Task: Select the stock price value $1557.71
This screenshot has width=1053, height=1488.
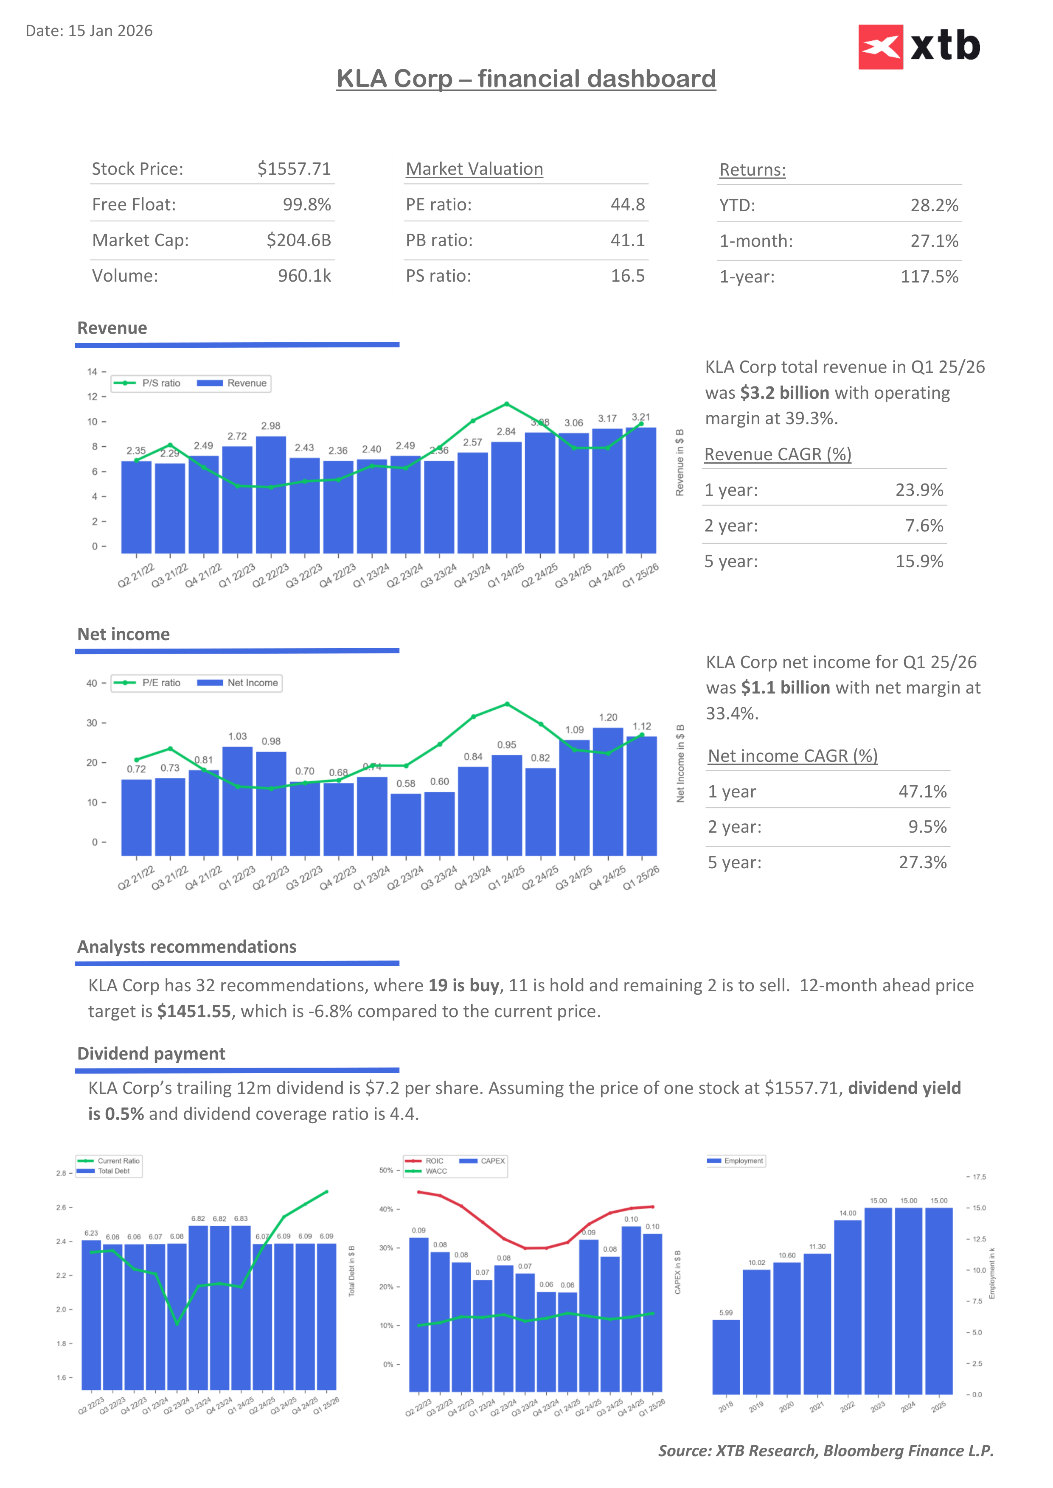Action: [294, 169]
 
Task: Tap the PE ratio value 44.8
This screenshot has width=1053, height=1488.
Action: [627, 205]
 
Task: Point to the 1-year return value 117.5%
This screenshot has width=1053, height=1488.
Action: [929, 277]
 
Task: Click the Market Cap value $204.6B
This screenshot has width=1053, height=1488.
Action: [298, 241]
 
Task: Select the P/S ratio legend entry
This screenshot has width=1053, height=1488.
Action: [147, 383]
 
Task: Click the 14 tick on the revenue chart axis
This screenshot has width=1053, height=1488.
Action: [92, 372]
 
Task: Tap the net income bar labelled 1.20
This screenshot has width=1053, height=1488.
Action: [607, 791]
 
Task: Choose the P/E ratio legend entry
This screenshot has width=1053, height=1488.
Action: [147, 683]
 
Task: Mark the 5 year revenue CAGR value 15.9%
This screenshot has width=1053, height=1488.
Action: [919, 561]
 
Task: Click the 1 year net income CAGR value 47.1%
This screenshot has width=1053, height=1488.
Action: [922, 792]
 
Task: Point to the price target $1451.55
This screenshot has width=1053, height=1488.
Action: [194, 1012]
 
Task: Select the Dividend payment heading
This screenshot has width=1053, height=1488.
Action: [151, 1054]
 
